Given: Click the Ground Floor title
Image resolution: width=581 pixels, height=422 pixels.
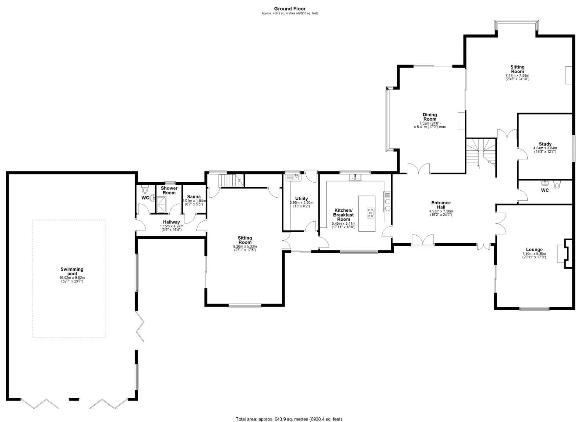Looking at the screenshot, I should (x=290, y=9).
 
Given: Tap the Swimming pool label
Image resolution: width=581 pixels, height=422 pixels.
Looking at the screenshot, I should (x=72, y=271).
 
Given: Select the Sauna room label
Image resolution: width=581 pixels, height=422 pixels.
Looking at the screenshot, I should (x=194, y=197).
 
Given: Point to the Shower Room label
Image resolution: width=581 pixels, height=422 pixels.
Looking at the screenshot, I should (x=169, y=190).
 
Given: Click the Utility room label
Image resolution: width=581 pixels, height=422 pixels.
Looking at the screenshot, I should (x=301, y=198).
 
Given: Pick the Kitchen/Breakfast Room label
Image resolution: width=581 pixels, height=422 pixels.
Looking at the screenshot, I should (x=343, y=215).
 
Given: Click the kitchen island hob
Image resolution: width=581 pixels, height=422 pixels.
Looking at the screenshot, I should (x=370, y=213).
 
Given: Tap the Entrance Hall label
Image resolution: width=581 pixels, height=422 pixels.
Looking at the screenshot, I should (x=441, y=205).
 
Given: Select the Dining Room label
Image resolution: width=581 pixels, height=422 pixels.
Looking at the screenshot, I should (x=430, y=117).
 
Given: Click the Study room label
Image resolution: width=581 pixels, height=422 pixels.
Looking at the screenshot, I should (x=545, y=144).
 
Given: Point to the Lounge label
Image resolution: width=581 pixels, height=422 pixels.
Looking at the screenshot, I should (x=534, y=250).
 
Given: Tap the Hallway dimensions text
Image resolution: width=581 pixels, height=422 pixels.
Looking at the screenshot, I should (x=171, y=228).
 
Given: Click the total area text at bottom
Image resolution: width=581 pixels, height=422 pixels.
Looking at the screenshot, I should (x=289, y=419).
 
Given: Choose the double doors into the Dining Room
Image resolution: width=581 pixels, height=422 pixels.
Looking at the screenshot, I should (x=419, y=169).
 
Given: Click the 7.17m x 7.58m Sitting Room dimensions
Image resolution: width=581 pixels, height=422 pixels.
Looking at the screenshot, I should (x=517, y=77).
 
